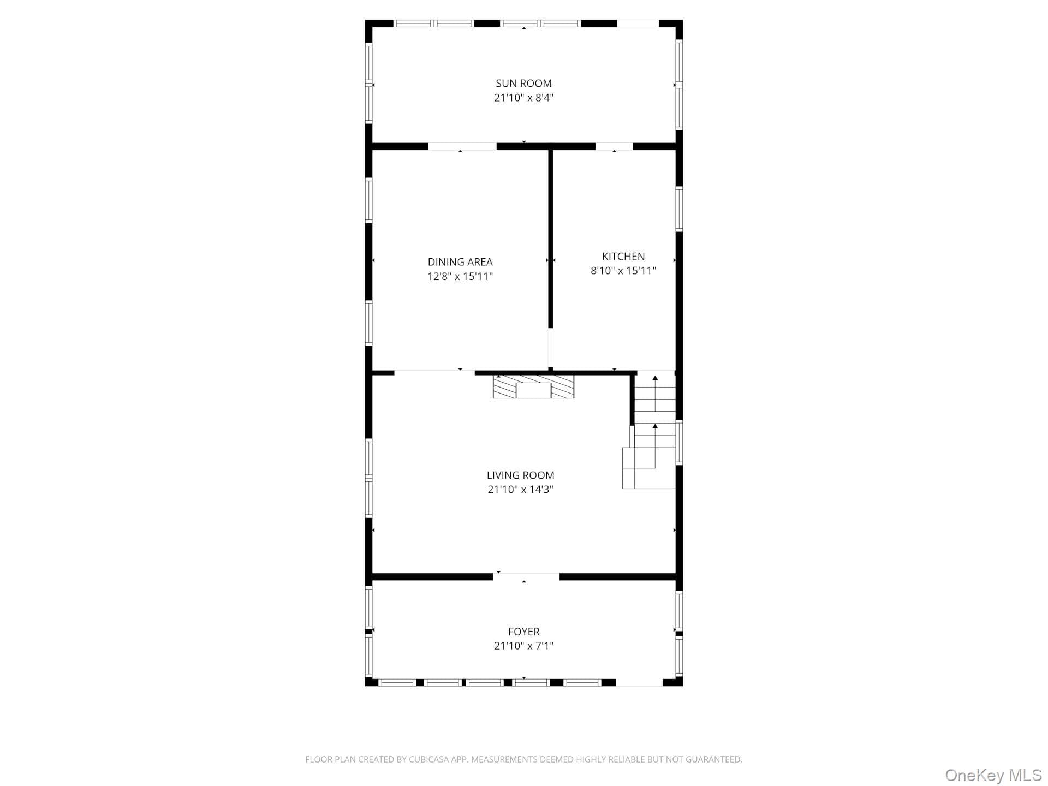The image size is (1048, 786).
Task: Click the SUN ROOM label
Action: (x=523, y=84)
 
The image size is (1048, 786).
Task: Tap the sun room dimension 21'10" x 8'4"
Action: (x=523, y=98)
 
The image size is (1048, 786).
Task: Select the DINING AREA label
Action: (x=460, y=262)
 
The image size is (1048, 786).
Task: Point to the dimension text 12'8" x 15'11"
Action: (x=460, y=276)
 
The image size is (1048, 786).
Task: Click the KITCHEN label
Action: (x=623, y=257)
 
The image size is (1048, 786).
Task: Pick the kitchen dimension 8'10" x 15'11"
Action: (x=623, y=271)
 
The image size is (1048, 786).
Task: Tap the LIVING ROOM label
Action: (x=521, y=475)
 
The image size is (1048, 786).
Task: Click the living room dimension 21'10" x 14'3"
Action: (x=521, y=490)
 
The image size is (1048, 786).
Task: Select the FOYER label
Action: (x=524, y=632)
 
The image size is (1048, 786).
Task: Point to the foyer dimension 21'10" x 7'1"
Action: (x=524, y=646)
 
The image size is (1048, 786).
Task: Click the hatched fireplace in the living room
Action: (x=533, y=386)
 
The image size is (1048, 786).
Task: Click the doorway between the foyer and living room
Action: (x=526, y=576)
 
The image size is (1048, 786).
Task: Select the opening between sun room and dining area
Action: (x=462, y=146)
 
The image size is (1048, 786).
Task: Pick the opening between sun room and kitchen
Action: (x=614, y=146)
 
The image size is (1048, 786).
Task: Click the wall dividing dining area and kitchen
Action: (x=551, y=239)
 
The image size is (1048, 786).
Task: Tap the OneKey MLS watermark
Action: (x=993, y=775)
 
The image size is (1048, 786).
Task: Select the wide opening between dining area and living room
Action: (x=434, y=373)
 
